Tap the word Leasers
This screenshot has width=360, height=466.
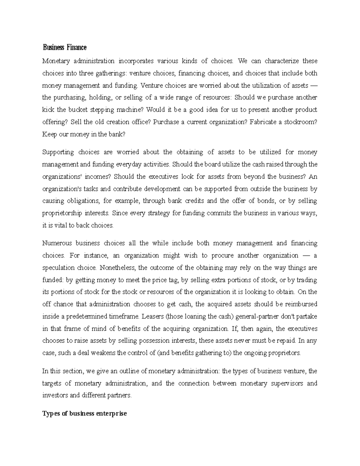pos(152,317)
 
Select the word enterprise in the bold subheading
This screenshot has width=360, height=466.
pos(111,414)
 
